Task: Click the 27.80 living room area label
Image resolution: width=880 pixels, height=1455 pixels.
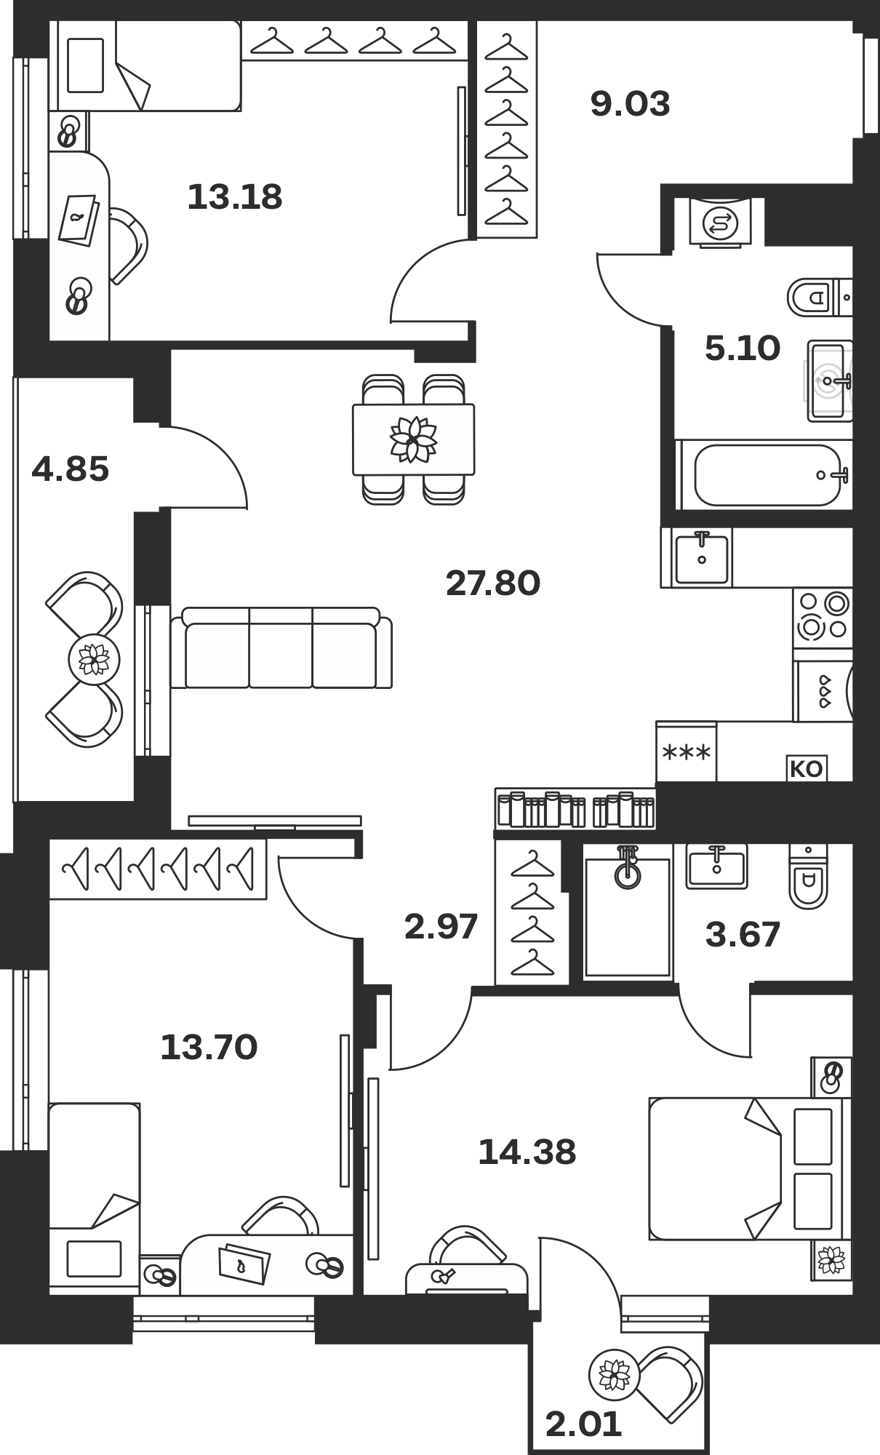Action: tap(493, 583)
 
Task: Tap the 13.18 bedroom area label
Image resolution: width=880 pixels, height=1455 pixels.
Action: tap(235, 197)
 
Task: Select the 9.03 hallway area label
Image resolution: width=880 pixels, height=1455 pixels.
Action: tap(630, 104)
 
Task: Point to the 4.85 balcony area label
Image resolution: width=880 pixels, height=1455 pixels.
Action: tap(71, 469)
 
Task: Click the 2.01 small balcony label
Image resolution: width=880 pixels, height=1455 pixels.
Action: tap(583, 1424)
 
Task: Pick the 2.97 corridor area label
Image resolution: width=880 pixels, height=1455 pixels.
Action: tap(441, 927)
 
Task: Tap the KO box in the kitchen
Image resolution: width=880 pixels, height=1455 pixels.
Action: tap(806, 769)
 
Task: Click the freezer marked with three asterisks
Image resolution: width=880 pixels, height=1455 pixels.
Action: tap(686, 752)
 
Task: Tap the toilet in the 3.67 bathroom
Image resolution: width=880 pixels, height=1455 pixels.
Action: tap(808, 877)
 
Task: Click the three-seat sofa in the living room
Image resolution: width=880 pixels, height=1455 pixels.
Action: tap(281, 648)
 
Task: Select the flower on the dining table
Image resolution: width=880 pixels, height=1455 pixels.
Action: tap(413, 439)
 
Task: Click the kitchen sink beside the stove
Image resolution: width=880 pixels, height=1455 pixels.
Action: tap(702, 557)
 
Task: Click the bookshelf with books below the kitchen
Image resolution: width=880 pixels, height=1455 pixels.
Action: tap(575, 809)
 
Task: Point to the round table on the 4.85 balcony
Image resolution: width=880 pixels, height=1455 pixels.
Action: tap(89, 660)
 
